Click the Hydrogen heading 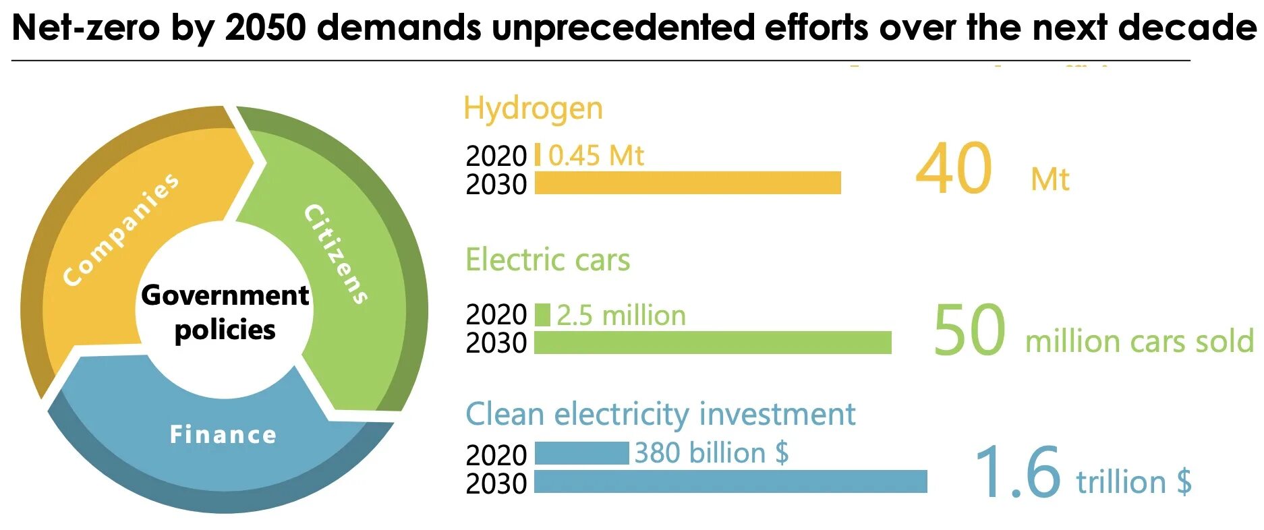pos(533,109)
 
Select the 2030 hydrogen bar pos(687,183)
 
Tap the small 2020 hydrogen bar pos(538,154)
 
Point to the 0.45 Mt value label pos(596,156)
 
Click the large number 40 pos(953,169)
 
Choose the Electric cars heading pos(548,260)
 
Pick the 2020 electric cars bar pos(542,315)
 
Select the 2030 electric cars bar pos(712,343)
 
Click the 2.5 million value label pos(621,316)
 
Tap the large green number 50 pos(969,330)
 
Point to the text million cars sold pos(1139,341)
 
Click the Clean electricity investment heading pos(660,414)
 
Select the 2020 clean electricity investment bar pos(581,453)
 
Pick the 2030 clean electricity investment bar pos(730,481)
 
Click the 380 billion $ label pos(711,453)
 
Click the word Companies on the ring pos(121,229)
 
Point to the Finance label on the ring pos(223,435)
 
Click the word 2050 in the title pos(265,28)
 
